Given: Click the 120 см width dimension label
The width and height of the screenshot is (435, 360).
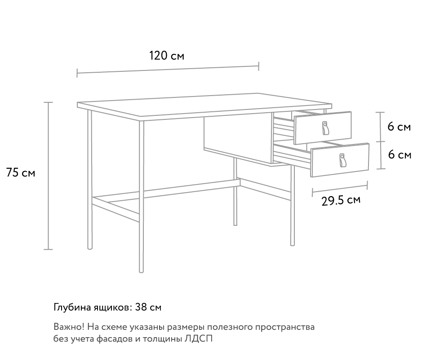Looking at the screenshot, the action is point(167,56).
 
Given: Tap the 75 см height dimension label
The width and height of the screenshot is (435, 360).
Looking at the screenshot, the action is point(21,173).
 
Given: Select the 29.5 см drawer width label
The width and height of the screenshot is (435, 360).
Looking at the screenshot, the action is point(341,200).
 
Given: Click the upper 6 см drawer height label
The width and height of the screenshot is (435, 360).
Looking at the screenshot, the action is point(399,127).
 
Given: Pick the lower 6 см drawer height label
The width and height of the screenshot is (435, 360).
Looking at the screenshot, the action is point(400,154).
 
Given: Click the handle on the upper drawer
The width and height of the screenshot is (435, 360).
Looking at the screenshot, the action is point(325,128).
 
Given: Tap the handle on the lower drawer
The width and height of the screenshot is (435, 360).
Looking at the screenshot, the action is point(342,160).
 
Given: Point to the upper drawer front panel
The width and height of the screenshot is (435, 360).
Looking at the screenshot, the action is point(323,128).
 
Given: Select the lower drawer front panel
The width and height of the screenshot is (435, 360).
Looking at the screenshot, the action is point(340,160).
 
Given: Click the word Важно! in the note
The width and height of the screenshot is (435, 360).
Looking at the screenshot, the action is point(69,327).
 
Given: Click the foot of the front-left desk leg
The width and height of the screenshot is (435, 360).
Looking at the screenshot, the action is point(141,271).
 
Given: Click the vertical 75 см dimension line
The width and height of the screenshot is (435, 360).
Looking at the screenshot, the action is point(48,176).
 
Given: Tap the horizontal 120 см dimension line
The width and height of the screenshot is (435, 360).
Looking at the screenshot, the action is point(168,70).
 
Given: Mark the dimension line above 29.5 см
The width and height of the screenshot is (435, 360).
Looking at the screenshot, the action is point(340,189).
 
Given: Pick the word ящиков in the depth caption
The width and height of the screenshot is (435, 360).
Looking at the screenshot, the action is point(113,307).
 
